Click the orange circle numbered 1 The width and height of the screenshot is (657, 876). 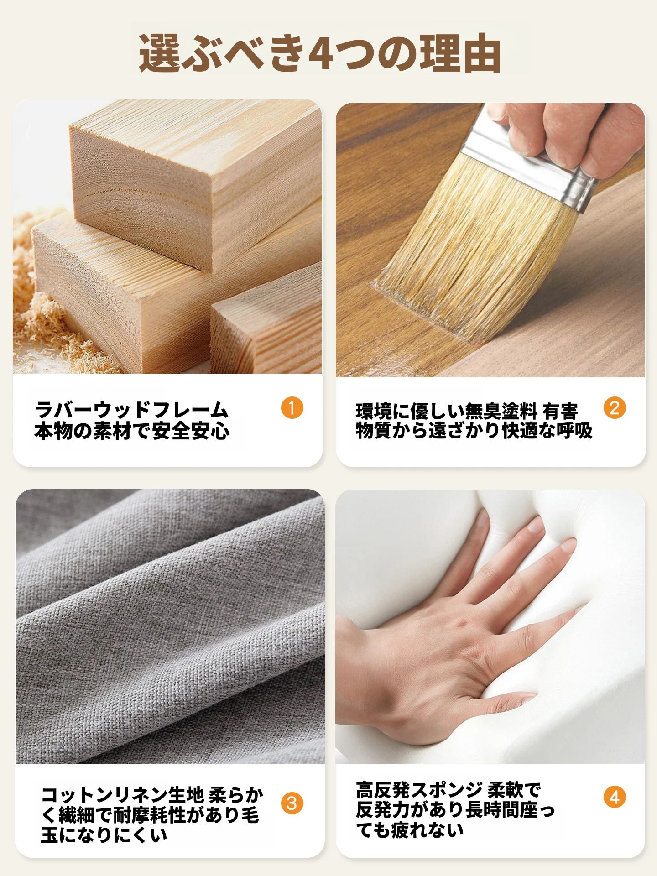click(292, 407)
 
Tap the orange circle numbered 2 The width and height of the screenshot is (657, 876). click(615, 407)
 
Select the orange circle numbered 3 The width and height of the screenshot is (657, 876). click(292, 803)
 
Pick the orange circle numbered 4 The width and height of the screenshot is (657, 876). click(615, 797)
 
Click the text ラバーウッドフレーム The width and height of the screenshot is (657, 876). click(131, 410)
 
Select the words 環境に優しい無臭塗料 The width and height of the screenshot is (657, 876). click(447, 411)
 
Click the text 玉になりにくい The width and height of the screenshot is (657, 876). click(104, 835)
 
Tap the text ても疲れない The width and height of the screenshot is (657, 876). click(410, 829)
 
